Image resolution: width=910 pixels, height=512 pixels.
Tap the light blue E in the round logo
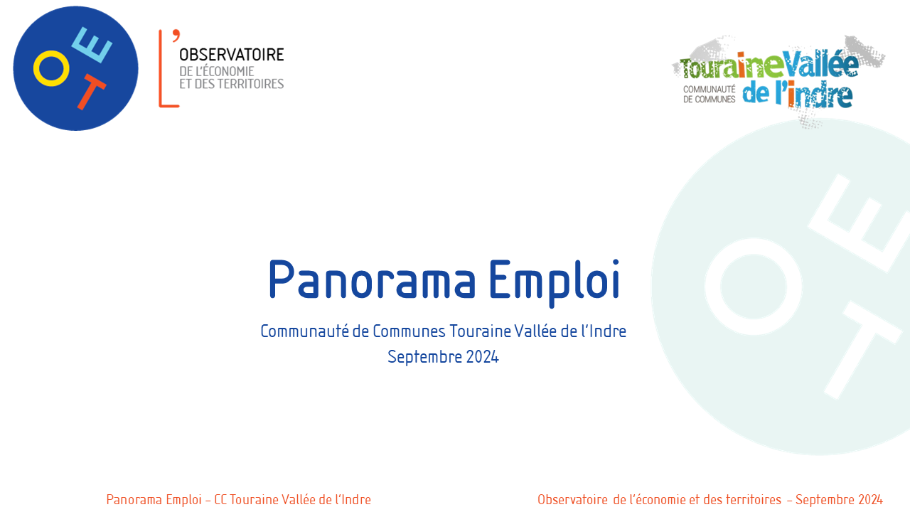tap(92, 45)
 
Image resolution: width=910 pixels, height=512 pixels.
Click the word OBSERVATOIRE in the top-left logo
tap(232, 55)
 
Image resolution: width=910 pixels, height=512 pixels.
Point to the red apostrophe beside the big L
tap(176, 36)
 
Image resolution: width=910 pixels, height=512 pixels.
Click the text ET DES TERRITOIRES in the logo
tap(232, 84)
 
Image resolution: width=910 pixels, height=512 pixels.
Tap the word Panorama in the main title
tap(372, 280)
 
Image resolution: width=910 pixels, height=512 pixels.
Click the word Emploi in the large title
tap(555, 282)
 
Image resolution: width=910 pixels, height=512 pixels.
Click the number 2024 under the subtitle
tap(482, 357)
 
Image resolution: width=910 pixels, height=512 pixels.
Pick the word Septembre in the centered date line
tap(425, 358)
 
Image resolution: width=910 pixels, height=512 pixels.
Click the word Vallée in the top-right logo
tap(821, 65)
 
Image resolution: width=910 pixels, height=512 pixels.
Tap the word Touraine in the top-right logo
tap(732, 67)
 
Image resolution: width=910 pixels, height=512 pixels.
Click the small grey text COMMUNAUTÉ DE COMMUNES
tap(710, 95)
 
